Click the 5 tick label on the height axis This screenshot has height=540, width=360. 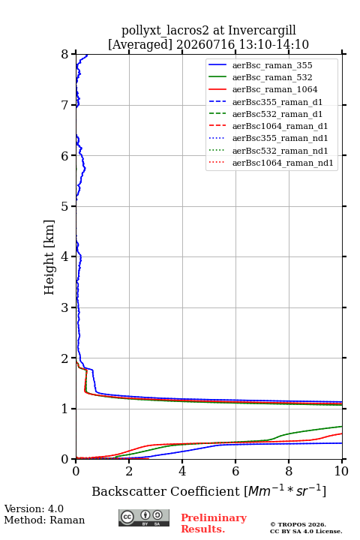(x=65, y=206)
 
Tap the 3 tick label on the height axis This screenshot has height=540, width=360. (x=65, y=307)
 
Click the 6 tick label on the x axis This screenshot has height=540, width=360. (x=235, y=471)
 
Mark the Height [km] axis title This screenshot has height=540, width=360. (x=49, y=257)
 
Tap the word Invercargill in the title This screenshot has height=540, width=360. (x=262, y=30)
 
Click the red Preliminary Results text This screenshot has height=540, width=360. (x=214, y=523)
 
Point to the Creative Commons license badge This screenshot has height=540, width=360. (x=144, y=517)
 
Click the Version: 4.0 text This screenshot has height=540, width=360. (x=34, y=508)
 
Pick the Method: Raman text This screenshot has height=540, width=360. (x=44, y=520)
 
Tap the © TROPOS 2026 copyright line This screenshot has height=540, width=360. (x=298, y=524)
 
